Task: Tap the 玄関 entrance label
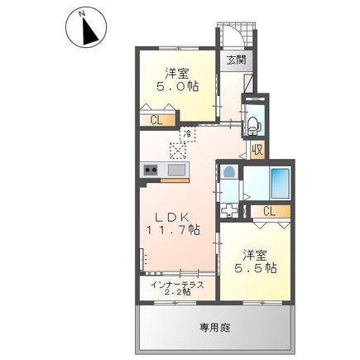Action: pos(237,60)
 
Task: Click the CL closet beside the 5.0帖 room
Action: pos(156,120)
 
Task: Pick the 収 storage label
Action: pos(258,150)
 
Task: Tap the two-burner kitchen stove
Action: pos(151,170)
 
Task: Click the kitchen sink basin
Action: pos(176,170)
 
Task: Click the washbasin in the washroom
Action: pos(229,175)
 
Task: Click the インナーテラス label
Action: pos(176,284)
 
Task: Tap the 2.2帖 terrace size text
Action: pos(176,293)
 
